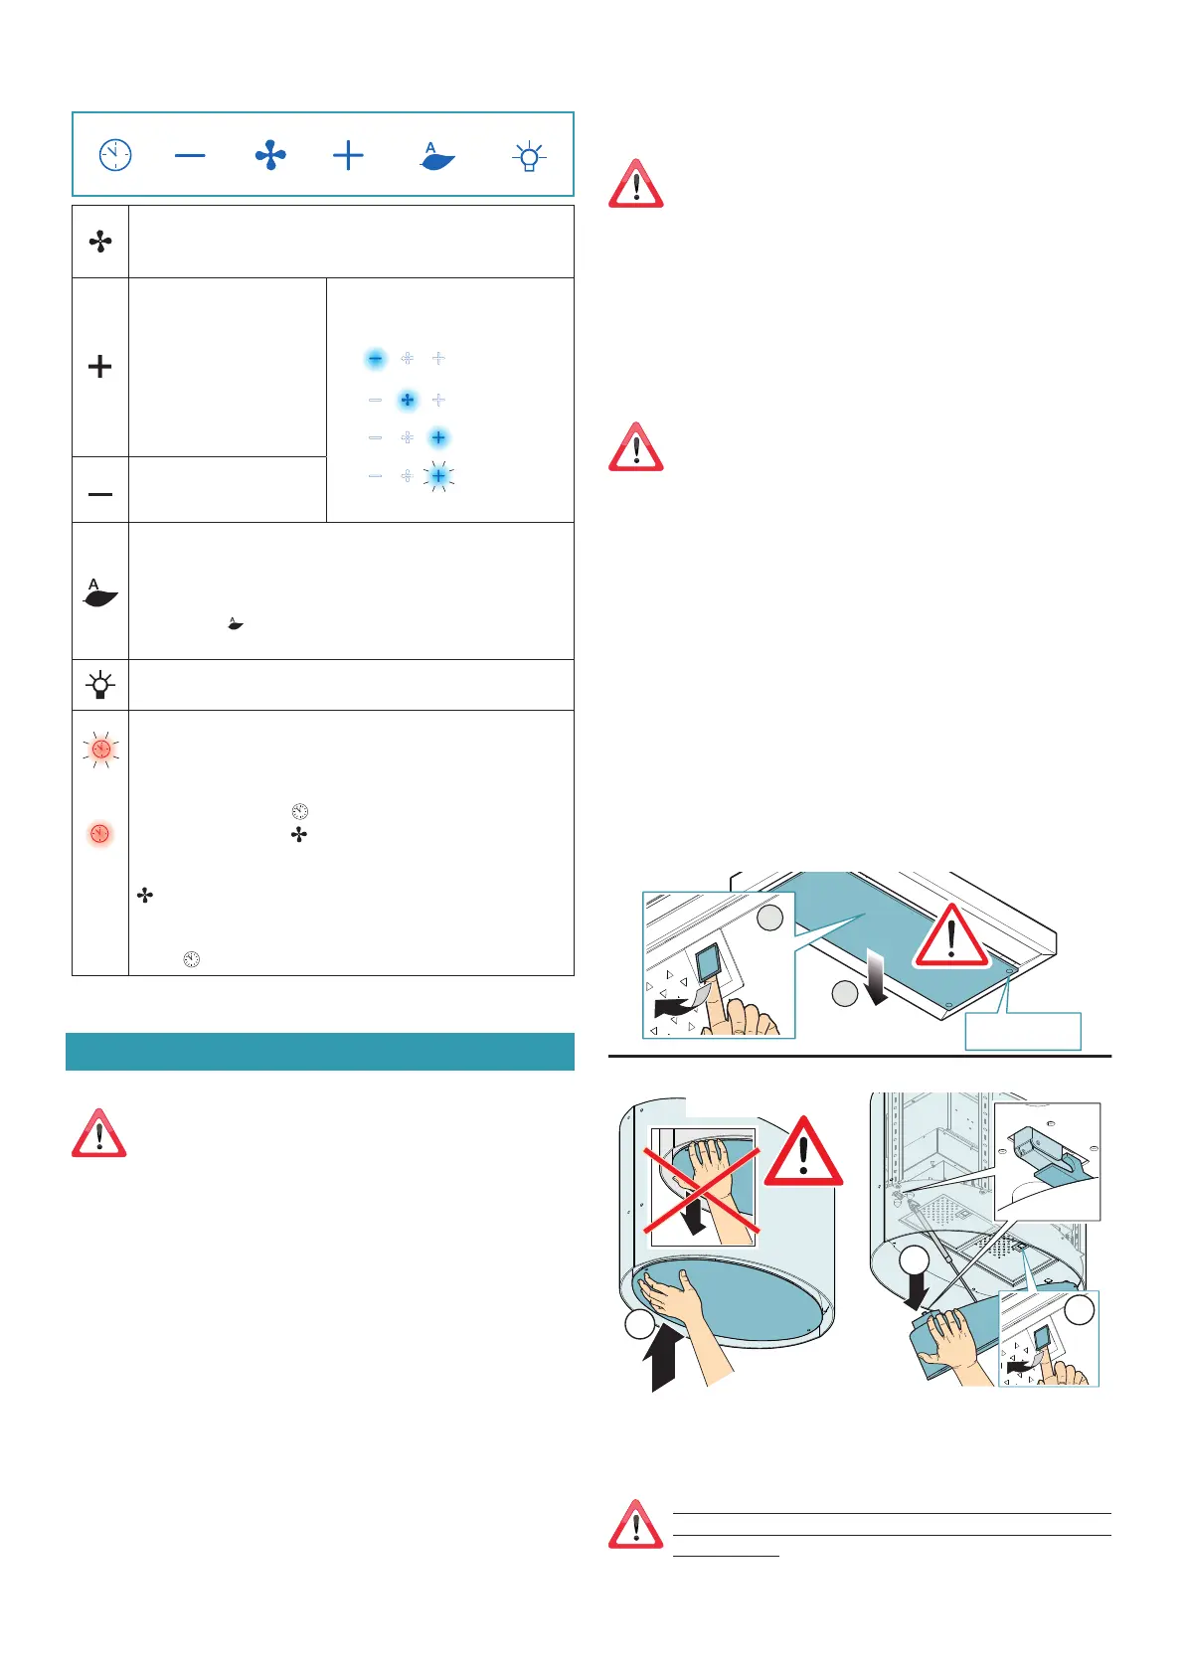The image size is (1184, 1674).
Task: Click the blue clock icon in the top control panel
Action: pyautogui.click(x=115, y=155)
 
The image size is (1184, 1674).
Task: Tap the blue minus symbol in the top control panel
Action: pyautogui.click(x=190, y=155)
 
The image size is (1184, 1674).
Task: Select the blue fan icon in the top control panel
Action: pyautogui.click(x=270, y=155)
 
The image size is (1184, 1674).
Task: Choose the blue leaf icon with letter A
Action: pyautogui.click(x=437, y=156)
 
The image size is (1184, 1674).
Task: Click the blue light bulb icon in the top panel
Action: pyautogui.click(x=529, y=156)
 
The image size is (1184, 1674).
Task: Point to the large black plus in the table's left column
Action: pyautogui.click(x=100, y=367)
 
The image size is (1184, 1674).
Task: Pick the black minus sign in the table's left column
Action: pyautogui.click(x=100, y=494)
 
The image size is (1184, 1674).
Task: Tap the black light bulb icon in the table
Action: pyautogui.click(x=100, y=685)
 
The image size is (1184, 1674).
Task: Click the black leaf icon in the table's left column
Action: pyautogui.click(x=100, y=593)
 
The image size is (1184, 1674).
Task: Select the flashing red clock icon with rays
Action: pyautogui.click(x=100, y=750)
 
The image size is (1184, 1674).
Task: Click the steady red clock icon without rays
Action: pyautogui.click(x=100, y=833)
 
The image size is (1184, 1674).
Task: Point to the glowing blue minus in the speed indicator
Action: pyautogui.click(x=375, y=358)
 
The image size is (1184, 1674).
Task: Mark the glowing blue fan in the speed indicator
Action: pyautogui.click(x=407, y=400)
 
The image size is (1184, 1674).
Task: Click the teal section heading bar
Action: pyautogui.click(x=320, y=1051)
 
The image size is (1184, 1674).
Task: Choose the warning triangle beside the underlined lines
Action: pyautogui.click(x=635, y=1525)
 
